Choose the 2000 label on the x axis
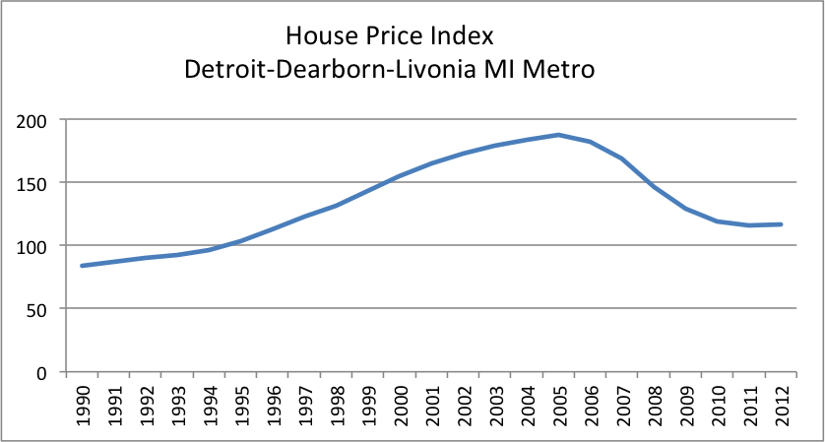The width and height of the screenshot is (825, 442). tap(399, 405)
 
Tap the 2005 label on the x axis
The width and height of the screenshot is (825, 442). tap(558, 405)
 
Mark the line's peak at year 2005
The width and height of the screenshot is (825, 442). tap(558, 135)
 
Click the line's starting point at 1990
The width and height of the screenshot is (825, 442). tap(83, 266)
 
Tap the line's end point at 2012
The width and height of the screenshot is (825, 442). tap(781, 224)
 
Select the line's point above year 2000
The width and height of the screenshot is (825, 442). tap(399, 176)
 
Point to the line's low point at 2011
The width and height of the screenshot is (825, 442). tap(749, 225)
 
